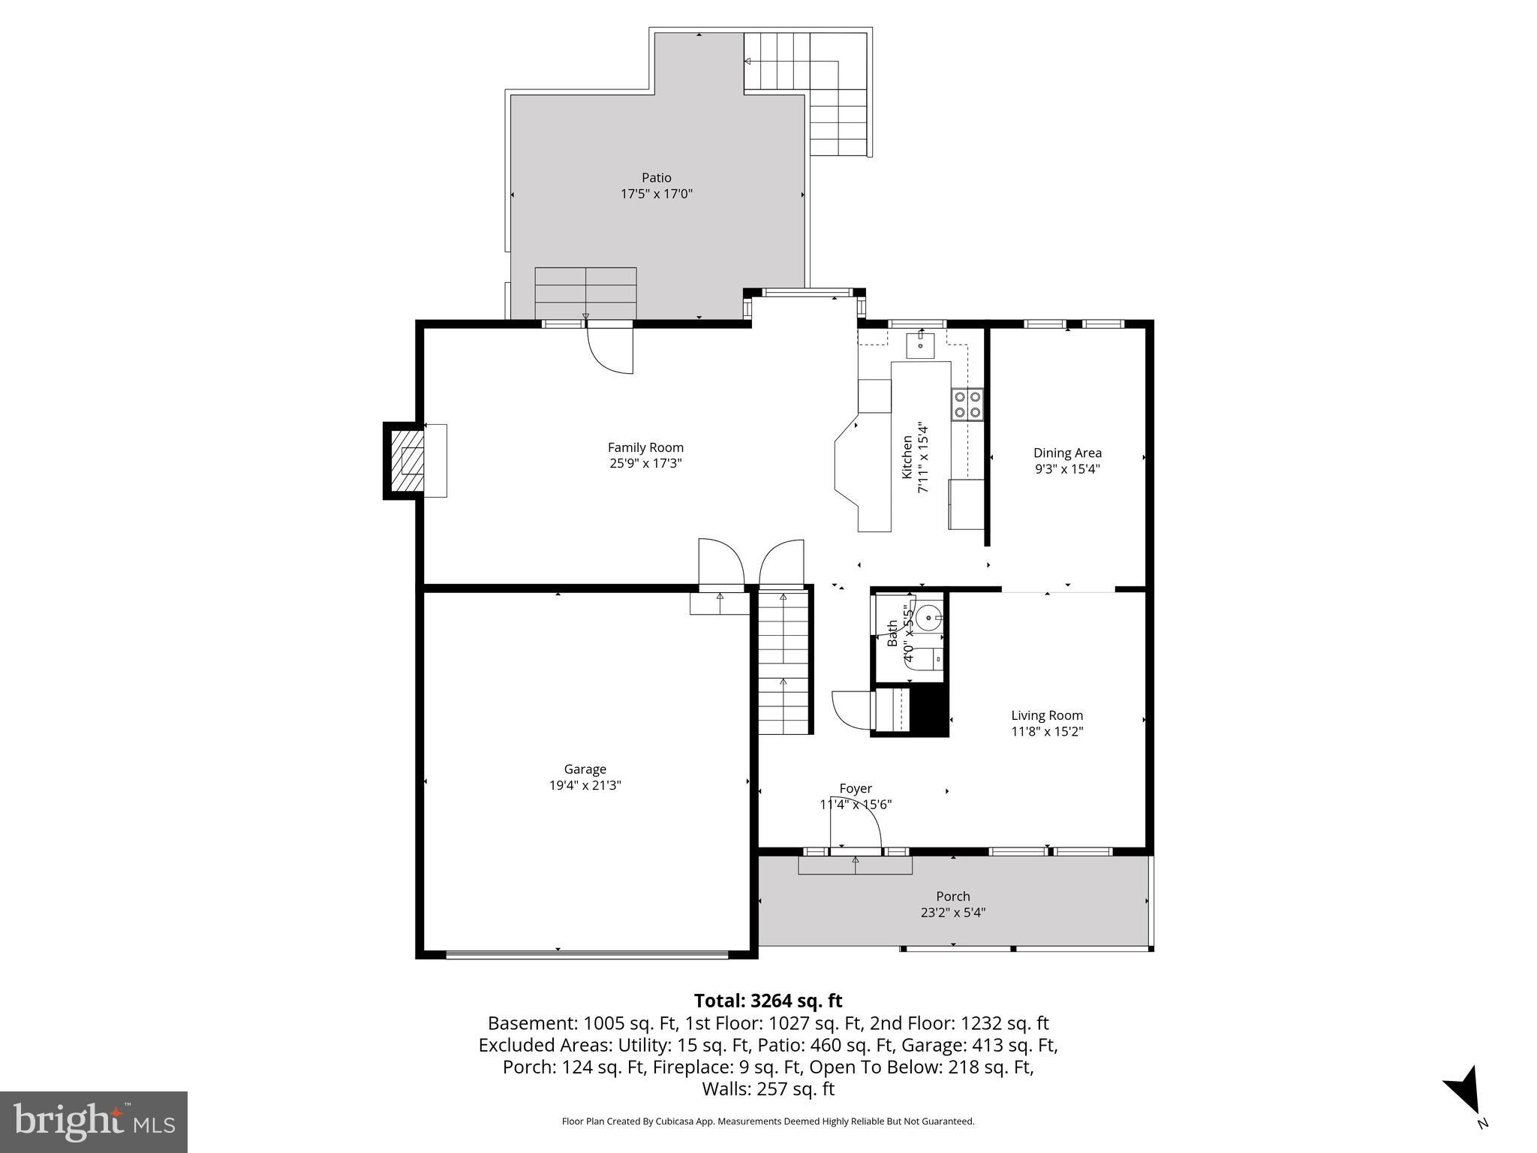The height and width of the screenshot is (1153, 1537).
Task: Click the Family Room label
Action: coord(645,447)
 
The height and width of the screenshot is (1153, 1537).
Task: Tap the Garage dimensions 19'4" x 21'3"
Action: coord(585,785)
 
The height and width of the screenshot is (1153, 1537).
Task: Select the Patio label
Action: coord(656,178)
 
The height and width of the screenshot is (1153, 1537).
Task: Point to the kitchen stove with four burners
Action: coord(967,404)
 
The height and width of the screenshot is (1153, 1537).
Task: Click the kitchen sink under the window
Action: coord(920,346)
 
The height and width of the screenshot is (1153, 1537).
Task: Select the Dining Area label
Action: coord(1067,453)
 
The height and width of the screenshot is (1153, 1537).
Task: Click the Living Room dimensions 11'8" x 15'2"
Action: coord(1047,731)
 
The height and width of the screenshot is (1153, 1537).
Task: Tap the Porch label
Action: coord(952,896)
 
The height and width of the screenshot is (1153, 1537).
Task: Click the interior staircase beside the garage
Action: coord(784,661)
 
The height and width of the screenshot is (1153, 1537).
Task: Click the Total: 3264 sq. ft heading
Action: coord(768,1001)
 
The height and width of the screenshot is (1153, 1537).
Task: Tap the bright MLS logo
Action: coord(93,1121)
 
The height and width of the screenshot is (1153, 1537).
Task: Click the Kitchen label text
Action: coord(907,457)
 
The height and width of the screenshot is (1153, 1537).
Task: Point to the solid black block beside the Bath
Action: coord(929,709)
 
